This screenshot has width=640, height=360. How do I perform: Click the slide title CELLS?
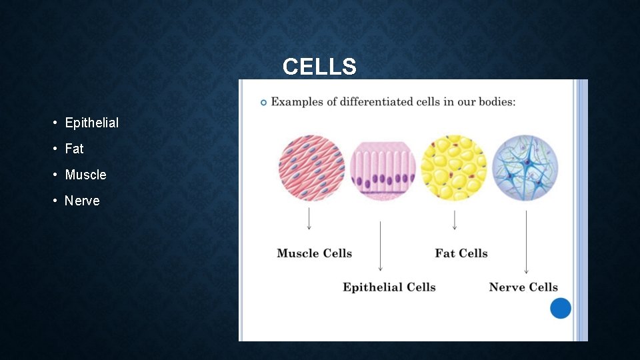tap(319, 67)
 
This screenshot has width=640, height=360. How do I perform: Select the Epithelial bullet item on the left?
tap(91, 123)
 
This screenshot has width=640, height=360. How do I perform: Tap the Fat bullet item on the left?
tap(74, 149)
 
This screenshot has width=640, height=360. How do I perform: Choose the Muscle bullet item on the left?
tap(85, 175)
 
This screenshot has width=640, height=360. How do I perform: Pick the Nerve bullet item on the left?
tap(82, 201)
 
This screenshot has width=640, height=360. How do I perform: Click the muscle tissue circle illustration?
tap(311, 168)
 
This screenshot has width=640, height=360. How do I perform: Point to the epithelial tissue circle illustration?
tap(383, 169)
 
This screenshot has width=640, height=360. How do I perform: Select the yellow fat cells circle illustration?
tap(454, 168)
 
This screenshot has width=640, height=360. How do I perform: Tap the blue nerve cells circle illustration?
tap(525, 168)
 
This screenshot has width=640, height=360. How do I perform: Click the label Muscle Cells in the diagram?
tap(314, 253)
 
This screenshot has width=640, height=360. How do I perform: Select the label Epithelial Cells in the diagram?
tap(389, 287)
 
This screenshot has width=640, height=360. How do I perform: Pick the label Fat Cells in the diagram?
tap(461, 253)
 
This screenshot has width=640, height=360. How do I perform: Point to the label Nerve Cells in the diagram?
tap(523, 287)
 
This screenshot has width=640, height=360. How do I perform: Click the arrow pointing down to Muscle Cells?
tap(309, 219)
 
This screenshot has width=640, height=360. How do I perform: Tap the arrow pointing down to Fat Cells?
tap(455, 220)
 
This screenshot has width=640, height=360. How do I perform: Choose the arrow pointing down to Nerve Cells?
tap(526, 242)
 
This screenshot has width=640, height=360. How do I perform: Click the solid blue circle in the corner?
tap(561, 308)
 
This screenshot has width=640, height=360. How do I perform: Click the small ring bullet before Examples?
tap(263, 102)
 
